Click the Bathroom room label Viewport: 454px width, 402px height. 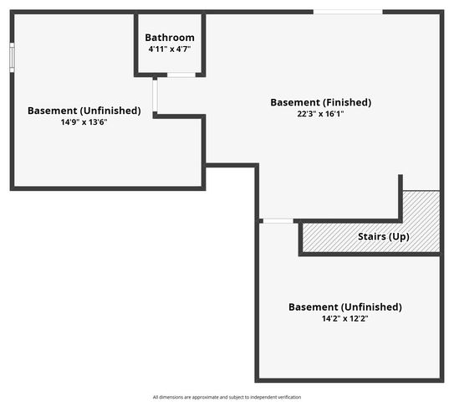pyautogui.click(x=170, y=38)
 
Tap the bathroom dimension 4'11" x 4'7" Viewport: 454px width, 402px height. pyautogui.click(x=170, y=49)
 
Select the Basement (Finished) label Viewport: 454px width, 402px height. pyautogui.click(x=321, y=102)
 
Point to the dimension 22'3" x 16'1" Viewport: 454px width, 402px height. pyautogui.click(x=320, y=114)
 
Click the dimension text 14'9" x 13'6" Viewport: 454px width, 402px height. pyautogui.click(x=84, y=122)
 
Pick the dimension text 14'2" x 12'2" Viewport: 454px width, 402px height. pyautogui.click(x=345, y=318)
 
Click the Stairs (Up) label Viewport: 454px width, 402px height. pyautogui.click(x=384, y=237)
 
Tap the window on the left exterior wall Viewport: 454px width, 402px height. pyautogui.click(x=12, y=58)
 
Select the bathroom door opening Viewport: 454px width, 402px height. pyautogui.click(x=181, y=75)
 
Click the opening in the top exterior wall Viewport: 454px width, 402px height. pyautogui.click(x=348, y=12)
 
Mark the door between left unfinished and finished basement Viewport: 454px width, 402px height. pyautogui.click(x=156, y=95)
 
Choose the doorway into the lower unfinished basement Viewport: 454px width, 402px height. pyautogui.click(x=278, y=221)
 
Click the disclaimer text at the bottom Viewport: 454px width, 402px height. pyautogui.click(x=227, y=397)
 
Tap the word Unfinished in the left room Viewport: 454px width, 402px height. pyautogui.click(x=110, y=111)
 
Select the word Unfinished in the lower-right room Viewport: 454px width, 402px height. pyautogui.click(x=371, y=307)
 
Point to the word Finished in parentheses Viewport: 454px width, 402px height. pyautogui.click(x=347, y=102)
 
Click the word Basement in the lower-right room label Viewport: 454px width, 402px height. pyautogui.click(x=314, y=307)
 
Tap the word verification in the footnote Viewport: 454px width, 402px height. pyautogui.click(x=290, y=397)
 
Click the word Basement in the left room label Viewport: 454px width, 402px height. pyautogui.click(x=53, y=111)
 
